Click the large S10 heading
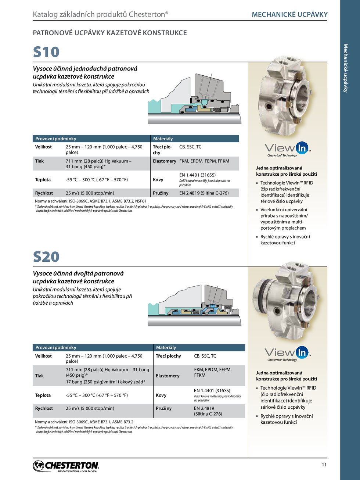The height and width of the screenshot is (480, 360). click(46, 52)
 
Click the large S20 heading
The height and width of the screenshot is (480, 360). click(46, 257)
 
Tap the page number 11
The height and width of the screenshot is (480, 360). click(324, 465)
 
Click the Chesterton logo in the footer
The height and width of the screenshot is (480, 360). click(66, 466)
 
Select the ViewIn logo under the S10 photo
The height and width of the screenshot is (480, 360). click(288, 149)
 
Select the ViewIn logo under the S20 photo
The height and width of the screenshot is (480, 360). click(288, 354)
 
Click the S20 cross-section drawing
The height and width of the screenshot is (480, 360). click(195, 305)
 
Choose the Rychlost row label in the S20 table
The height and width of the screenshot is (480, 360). click(44, 408)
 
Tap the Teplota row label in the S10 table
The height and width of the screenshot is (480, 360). click(43, 180)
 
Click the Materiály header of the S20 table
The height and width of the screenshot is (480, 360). click(166, 348)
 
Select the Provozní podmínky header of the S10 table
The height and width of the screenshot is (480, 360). click(56, 139)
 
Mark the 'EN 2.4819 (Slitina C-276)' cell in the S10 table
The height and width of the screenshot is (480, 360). click(204, 193)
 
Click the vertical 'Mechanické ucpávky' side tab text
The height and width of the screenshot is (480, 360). click(345, 68)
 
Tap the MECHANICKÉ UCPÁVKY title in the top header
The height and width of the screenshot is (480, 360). click(289, 15)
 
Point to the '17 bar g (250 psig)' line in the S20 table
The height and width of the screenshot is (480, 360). click(105, 382)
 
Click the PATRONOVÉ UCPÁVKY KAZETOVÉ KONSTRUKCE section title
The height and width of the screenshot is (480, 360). click(110, 33)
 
